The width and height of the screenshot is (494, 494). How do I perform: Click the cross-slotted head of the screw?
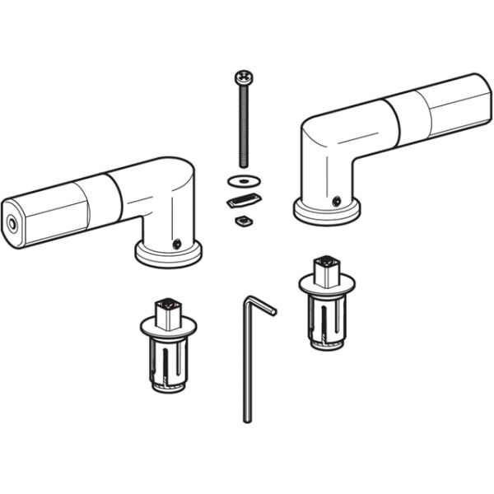244,78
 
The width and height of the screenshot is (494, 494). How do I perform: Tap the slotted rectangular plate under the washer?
243,199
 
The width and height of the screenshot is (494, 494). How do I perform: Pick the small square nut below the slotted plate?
243,220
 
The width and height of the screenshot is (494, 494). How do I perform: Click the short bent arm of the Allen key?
261,305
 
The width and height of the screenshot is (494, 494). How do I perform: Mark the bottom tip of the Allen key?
246,420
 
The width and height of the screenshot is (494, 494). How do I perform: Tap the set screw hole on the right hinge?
336,200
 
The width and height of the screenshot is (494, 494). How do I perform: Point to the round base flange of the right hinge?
327,212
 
